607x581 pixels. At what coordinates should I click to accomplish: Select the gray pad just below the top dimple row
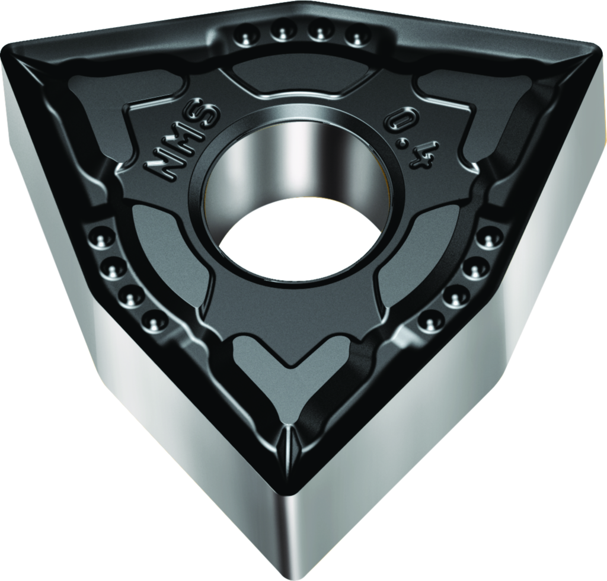299,77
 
